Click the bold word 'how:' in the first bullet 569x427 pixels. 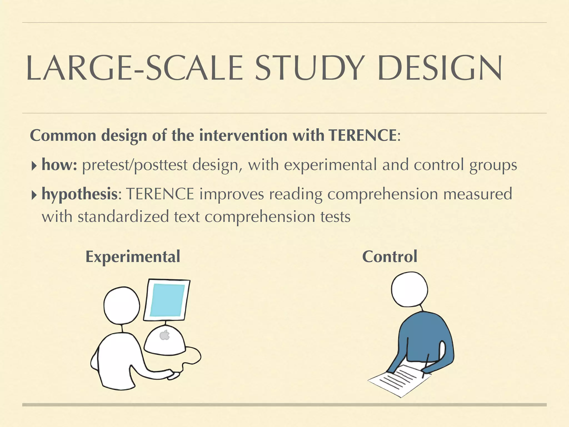[x=59, y=165]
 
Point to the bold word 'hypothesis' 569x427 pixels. [x=80, y=194]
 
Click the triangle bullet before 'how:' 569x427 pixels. [x=34, y=166]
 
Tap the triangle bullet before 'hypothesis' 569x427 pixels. [x=34, y=195]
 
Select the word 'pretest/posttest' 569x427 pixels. [x=134, y=165]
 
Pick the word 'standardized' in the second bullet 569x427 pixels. [x=123, y=217]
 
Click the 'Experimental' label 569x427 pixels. [x=133, y=257]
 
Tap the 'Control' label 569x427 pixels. [x=390, y=257]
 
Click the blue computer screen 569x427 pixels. [x=167, y=300]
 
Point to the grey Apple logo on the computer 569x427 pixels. [x=165, y=335]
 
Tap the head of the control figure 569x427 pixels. [x=409, y=289]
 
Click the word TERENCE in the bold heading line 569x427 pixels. [x=363, y=136]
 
